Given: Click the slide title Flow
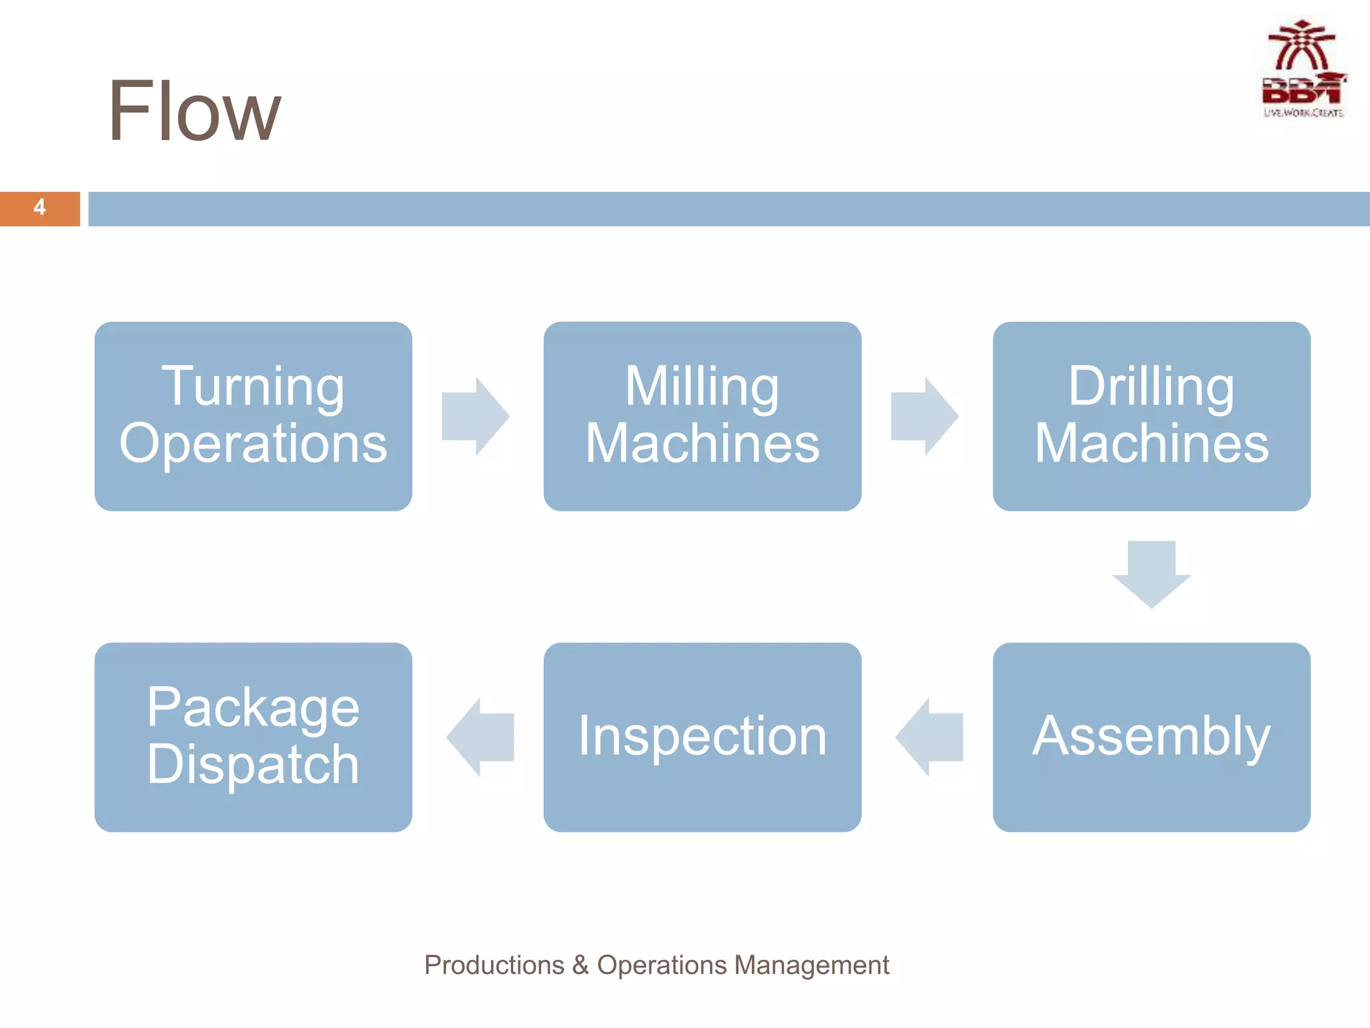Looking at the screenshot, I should coord(194,111).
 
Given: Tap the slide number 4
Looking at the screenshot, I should coord(39,207).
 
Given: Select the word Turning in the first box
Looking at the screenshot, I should coord(253,386).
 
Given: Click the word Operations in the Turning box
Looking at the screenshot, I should coord(253,443).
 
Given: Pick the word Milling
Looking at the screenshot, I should coord(702,386).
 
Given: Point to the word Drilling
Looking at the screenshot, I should coord(1151,386).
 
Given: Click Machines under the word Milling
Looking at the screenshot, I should coord(702,443).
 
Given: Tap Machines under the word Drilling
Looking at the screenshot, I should coord(1151,443).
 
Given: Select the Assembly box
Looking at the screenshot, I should coord(1151,736).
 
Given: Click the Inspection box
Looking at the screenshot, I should coord(702,736).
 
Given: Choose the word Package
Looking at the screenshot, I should coord(253,707).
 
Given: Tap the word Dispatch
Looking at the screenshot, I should coord(253,764).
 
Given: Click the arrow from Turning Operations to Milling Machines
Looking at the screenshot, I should coord(476,416).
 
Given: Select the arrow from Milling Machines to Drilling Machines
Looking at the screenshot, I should coord(924,416).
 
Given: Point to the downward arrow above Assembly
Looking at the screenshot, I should coord(1151,574).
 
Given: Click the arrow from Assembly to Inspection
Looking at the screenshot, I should coord(930,737).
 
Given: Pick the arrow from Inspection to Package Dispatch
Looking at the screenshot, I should coord(481,737).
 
